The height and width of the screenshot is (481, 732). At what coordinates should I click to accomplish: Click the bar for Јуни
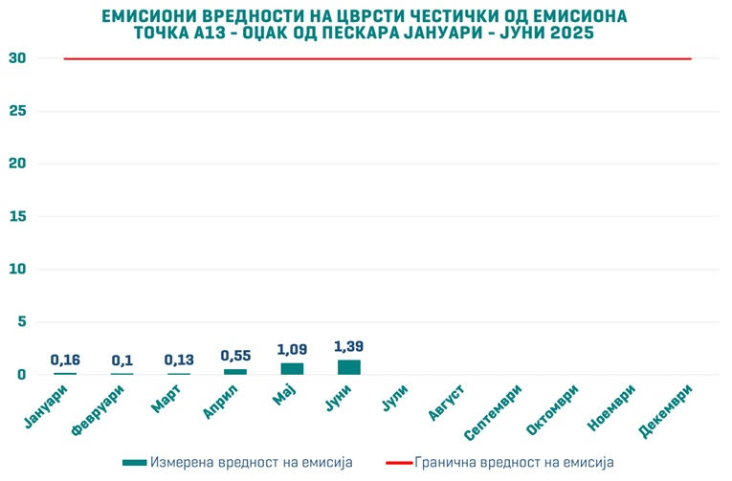pyautogui.click(x=348, y=367)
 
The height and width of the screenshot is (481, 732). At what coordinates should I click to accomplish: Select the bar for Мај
pyautogui.click(x=292, y=369)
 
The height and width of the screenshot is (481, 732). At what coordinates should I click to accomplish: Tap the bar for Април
pyautogui.click(x=235, y=372)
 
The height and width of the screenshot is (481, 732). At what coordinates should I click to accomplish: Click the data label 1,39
pyautogui.click(x=349, y=346)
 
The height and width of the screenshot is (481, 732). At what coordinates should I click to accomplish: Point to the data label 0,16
pyautogui.click(x=65, y=360)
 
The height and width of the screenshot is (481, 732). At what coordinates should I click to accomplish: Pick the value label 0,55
pyautogui.click(x=235, y=356)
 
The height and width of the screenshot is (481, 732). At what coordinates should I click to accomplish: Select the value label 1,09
pyautogui.click(x=292, y=350)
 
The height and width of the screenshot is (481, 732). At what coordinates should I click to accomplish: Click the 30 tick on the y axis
pyautogui.click(x=16, y=58)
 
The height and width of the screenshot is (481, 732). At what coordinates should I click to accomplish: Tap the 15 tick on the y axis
pyautogui.click(x=16, y=217)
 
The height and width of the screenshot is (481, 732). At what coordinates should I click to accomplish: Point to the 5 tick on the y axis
pyautogui.click(x=20, y=322)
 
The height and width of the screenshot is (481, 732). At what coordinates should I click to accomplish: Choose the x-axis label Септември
pyautogui.click(x=494, y=411)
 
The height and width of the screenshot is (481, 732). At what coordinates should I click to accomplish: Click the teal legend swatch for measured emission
pyautogui.click(x=135, y=463)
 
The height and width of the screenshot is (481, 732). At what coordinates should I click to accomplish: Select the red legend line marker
pyautogui.click(x=397, y=463)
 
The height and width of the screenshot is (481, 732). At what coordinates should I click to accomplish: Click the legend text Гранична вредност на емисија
pyautogui.click(x=514, y=463)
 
